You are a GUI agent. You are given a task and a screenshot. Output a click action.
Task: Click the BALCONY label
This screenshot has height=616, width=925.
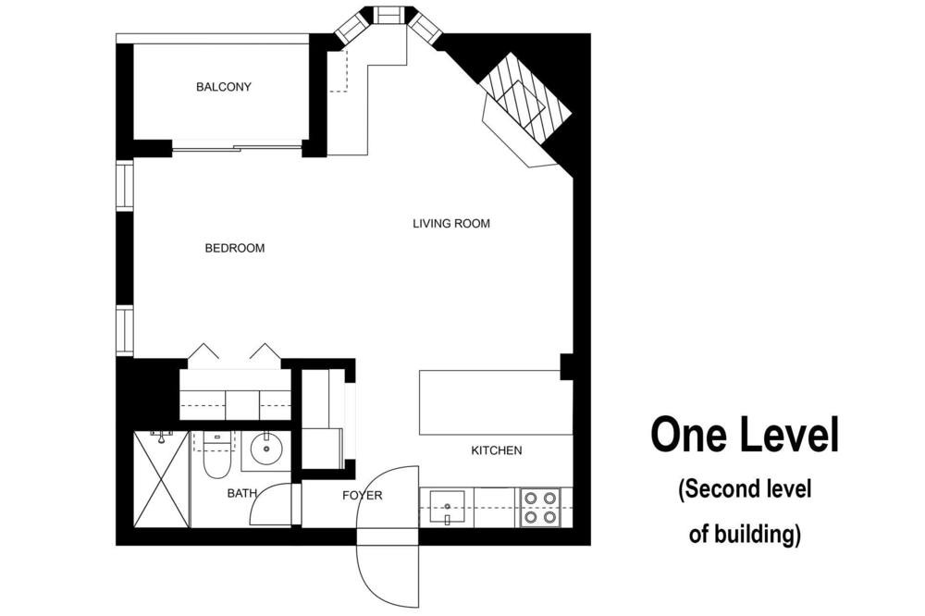pyautogui.click(x=224, y=87)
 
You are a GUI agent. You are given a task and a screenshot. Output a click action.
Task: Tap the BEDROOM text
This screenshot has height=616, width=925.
pyautogui.click(x=234, y=249)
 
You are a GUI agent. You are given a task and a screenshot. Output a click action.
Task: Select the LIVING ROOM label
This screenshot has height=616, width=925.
pyautogui.click(x=451, y=224)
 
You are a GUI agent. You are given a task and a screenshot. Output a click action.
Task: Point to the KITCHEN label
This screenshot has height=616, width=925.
pyautogui.click(x=496, y=450)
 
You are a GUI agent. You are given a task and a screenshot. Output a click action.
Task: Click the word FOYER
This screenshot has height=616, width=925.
pyautogui.click(x=363, y=496)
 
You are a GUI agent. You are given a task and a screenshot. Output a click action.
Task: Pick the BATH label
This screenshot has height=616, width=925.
pyautogui.click(x=241, y=493)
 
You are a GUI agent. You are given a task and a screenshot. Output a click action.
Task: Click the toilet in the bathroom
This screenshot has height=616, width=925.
pyautogui.click(x=216, y=455)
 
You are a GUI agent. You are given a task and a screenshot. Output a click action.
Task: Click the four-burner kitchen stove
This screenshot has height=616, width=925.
pyautogui.click(x=541, y=508)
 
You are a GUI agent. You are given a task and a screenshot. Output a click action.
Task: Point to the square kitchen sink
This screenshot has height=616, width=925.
pyautogui.click(x=448, y=508)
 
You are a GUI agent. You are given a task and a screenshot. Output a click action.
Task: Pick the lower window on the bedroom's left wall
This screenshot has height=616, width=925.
pyautogui.click(x=125, y=330)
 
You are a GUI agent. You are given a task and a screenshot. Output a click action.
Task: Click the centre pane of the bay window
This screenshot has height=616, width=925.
pyautogui.click(x=388, y=15)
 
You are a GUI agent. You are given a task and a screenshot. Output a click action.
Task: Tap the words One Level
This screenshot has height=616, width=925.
pyautogui.click(x=745, y=435)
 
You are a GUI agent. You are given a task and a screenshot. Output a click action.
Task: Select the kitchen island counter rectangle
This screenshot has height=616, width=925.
pyautogui.click(x=496, y=402)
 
